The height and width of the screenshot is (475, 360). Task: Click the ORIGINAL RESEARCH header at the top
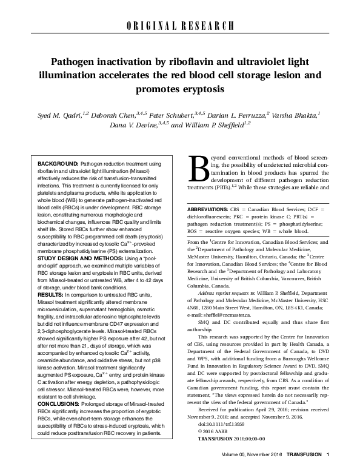coord(180,25)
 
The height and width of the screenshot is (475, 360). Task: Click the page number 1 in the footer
coord(327,470)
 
